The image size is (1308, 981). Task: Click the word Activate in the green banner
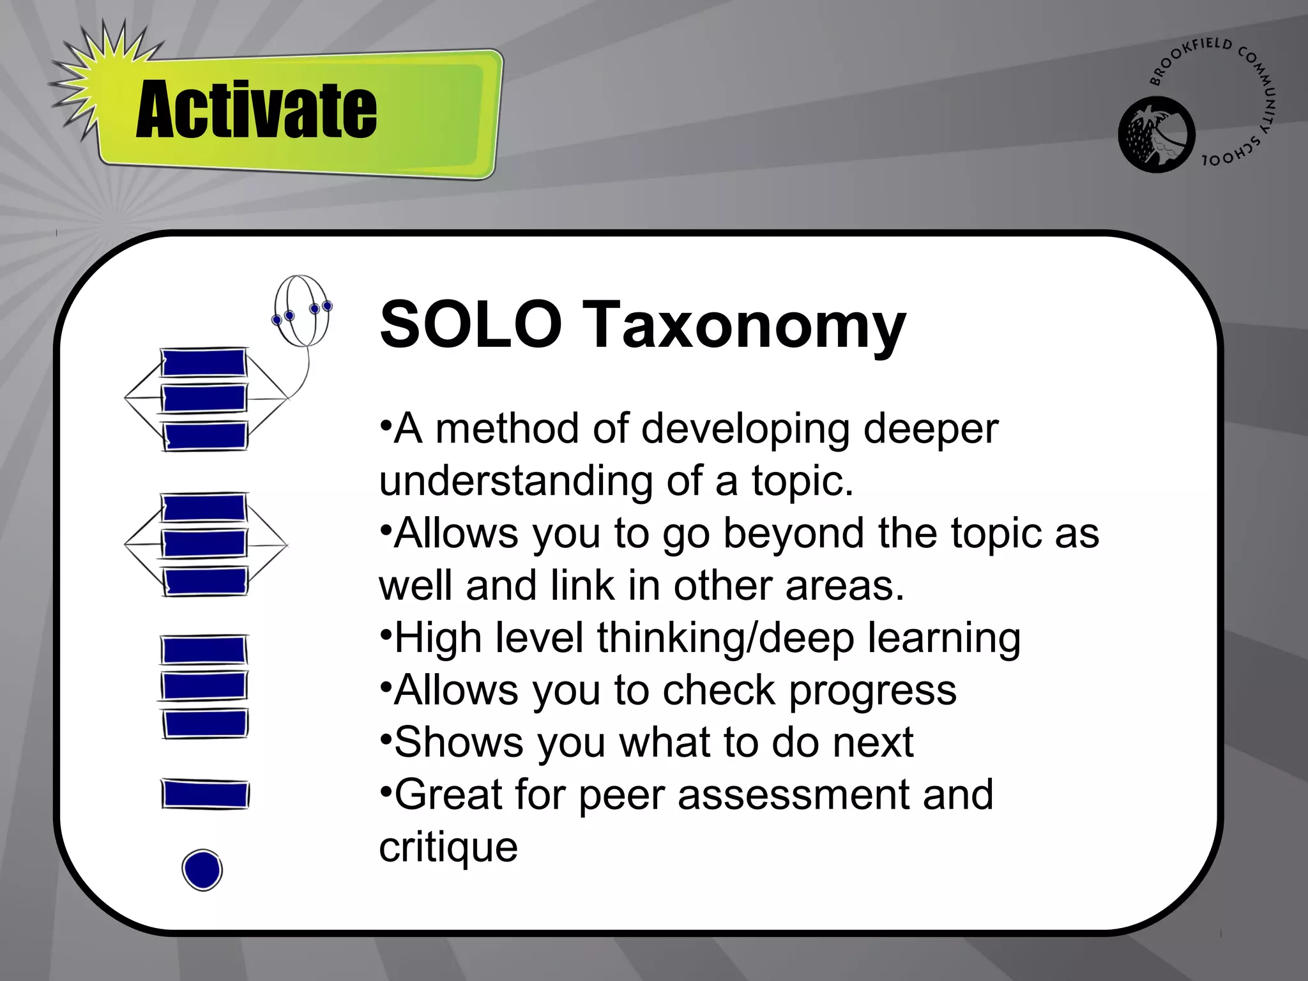pos(256,110)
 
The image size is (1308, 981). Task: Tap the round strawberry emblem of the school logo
pos(1156,135)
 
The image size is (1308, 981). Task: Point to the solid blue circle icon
pos(202,869)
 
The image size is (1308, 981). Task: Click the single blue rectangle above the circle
pos(204,795)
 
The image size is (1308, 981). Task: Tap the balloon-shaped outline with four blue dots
pos(302,310)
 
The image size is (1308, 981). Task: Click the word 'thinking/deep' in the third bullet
pos(725,639)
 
